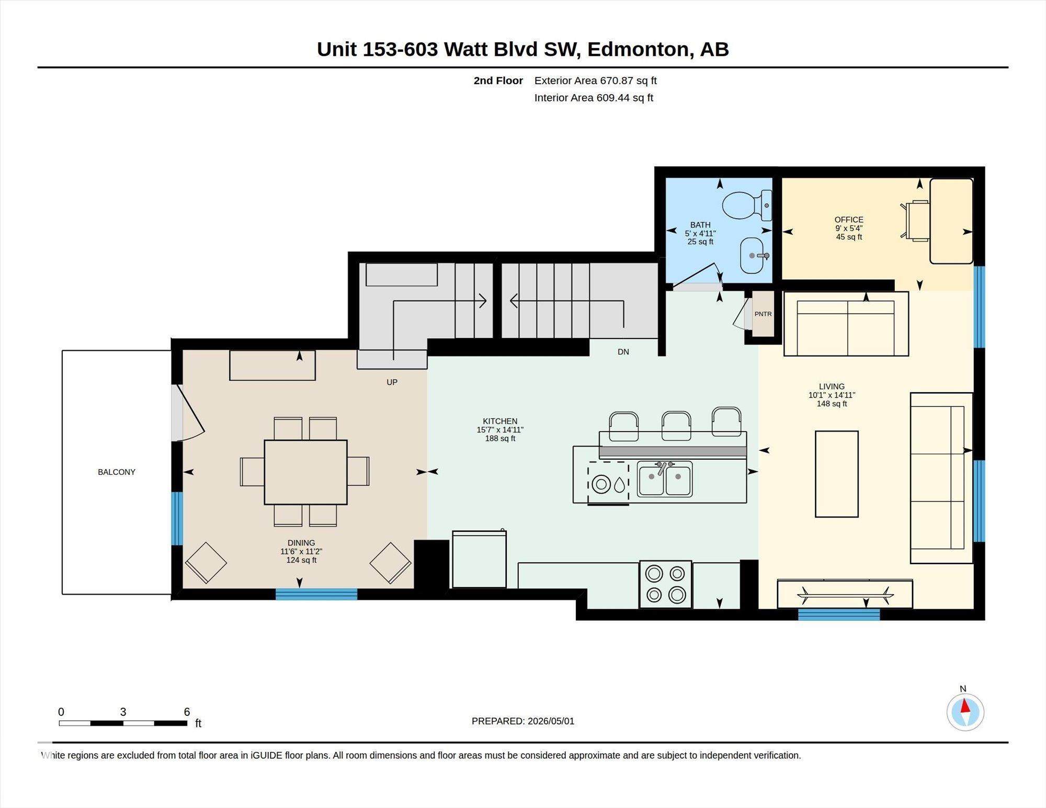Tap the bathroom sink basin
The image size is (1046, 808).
coord(755,256)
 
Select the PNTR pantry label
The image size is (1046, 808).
coord(763,314)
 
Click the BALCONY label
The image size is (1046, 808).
coord(117,472)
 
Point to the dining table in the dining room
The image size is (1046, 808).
coord(305,472)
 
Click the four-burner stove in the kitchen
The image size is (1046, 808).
coord(665,584)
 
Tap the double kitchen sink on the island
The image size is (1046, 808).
coord(665,479)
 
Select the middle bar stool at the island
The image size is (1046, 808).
coord(676,425)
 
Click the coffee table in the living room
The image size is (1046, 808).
coord(837,474)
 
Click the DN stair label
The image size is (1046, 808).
coord(623,352)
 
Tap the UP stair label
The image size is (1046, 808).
coord(392,382)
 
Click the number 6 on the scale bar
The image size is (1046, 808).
coord(187,712)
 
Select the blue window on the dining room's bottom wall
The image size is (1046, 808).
coord(316,594)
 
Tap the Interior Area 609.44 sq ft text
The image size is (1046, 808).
coord(594,98)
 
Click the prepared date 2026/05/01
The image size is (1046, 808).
coord(551,721)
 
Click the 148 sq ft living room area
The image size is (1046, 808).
coord(832,404)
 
